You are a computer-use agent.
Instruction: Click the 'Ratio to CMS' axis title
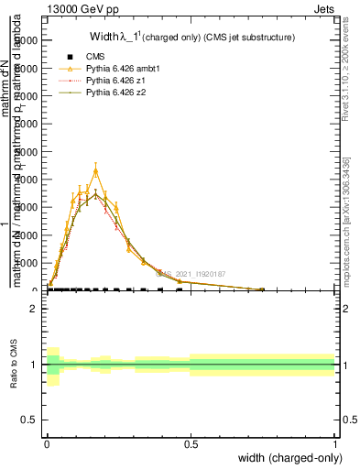(14, 365)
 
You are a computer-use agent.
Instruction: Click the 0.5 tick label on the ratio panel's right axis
(348, 420)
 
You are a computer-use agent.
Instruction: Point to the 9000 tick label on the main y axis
(25, 40)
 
